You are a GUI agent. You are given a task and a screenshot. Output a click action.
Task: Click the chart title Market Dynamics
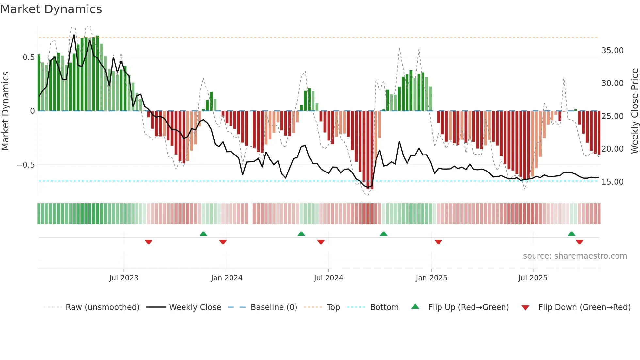(51, 9)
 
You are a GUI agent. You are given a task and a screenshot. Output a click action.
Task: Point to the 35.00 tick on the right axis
(612, 51)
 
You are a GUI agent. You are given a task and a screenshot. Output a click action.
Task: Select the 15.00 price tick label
(612, 182)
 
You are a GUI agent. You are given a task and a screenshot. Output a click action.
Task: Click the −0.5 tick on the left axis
(26, 165)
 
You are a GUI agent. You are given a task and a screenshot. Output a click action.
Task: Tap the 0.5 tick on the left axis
(28, 57)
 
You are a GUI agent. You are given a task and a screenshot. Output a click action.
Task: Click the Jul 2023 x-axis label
(124, 278)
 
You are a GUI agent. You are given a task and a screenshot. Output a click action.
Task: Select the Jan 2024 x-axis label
(227, 278)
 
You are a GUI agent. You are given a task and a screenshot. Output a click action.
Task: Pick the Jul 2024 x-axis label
(328, 278)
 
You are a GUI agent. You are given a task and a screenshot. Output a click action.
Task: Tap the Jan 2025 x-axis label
(431, 278)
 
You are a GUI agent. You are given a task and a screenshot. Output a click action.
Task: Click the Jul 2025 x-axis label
(533, 278)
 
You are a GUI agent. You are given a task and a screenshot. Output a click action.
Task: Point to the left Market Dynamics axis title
(5, 111)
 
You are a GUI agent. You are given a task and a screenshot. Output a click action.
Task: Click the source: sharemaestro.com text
(575, 256)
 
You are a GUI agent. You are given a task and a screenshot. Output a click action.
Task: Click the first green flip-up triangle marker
(203, 234)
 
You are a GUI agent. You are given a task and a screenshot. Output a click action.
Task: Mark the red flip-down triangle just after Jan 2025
(438, 242)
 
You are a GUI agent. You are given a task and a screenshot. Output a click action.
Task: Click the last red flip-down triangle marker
(579, 242)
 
